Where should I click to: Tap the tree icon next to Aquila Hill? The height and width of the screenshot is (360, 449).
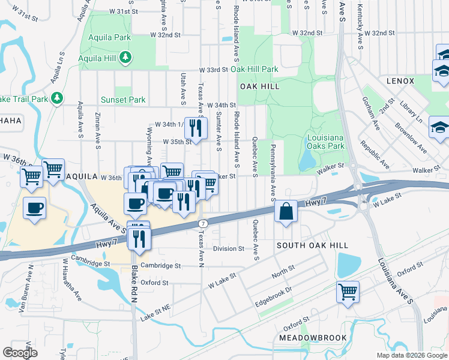[125, 58]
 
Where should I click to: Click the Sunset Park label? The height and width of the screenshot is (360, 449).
[124, 100]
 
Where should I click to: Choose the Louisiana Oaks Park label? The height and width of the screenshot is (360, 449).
[325, 142]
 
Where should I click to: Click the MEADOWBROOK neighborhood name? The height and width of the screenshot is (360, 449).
[313, 338]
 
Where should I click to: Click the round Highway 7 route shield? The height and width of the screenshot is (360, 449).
[203, 223]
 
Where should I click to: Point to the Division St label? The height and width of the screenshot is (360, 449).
[229, 248]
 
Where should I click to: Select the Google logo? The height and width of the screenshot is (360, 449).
[20, 353]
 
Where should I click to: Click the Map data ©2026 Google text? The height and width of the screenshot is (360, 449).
[411, 355]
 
